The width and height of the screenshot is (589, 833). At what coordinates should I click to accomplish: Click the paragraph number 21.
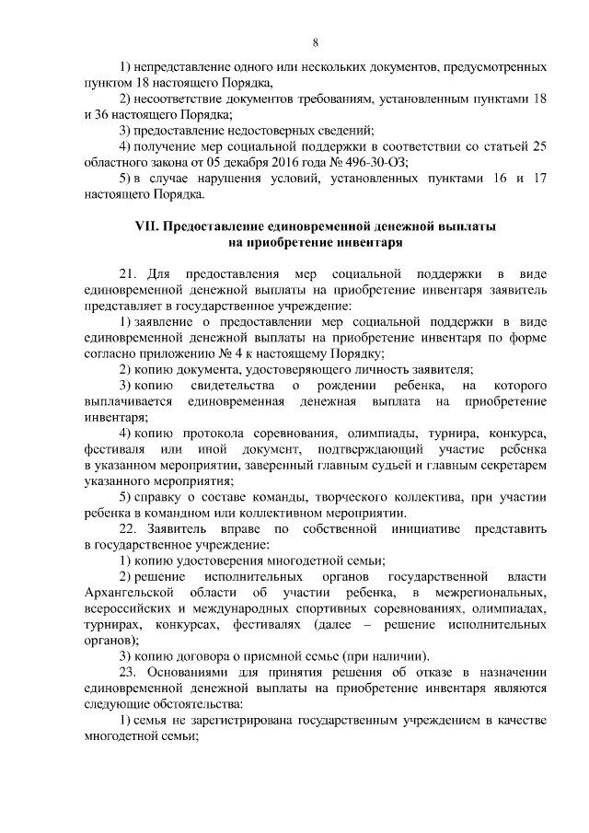(x=129, y=273)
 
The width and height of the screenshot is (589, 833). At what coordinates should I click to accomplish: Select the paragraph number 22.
(x=129, y=529)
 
